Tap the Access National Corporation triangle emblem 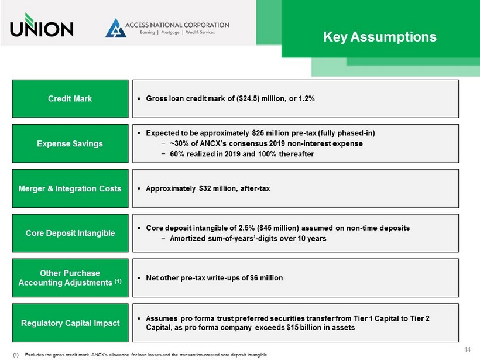[x=116, y=28]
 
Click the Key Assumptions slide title [x=380, y=37]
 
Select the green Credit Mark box [x=70, y=98]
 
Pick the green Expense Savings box [x=70, y=143]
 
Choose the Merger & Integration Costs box [x=70, y=188]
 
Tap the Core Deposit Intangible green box [x=70, y=233]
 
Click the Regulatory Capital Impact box [x=70, y=323]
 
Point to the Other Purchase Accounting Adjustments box [x=70, y=278]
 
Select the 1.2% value [x=306, y=98]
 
